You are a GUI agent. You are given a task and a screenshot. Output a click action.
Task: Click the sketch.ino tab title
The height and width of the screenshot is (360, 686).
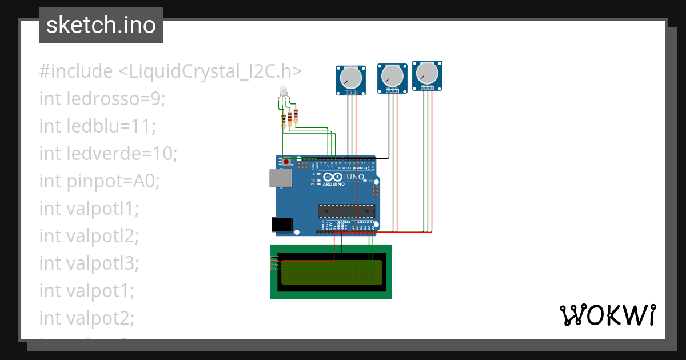101,25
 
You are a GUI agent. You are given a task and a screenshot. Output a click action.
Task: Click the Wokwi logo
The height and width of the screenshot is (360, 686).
607,315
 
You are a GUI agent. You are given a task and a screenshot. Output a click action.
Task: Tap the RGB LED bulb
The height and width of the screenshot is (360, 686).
282,91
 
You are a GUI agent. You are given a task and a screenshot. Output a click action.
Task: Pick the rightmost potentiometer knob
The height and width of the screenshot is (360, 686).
426,73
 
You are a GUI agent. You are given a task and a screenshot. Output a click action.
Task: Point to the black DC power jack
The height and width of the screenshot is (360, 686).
282,224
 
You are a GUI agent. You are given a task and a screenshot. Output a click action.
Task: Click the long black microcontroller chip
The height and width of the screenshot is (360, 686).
346,210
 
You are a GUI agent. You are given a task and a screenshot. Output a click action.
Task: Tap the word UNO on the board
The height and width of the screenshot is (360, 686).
356,177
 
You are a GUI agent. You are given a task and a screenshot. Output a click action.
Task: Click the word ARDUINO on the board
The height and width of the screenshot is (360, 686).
333,185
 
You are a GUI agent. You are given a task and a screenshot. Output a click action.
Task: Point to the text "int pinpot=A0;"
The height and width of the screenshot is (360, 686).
99,181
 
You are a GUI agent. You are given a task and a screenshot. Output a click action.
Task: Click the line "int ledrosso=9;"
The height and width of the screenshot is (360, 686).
102,98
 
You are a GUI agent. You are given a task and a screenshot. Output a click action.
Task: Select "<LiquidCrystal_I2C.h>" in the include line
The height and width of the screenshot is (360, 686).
210,71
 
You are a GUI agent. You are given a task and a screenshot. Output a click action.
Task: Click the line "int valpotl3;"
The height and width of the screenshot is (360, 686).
89,263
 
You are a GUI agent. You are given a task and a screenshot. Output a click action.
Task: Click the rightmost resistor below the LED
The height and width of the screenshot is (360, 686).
296,117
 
